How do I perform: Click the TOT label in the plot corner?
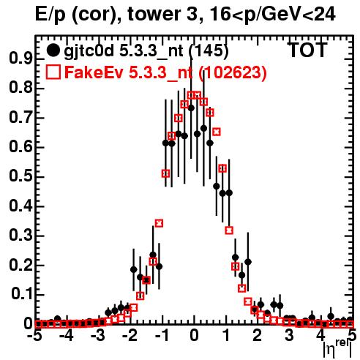308,50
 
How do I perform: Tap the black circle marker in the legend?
53,50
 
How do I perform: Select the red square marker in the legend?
53,72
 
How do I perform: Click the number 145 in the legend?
209,50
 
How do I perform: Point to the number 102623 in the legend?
232,72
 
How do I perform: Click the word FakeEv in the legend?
94,72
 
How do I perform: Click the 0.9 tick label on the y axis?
20,59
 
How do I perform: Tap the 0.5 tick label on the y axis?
20,176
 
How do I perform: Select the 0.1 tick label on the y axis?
21,294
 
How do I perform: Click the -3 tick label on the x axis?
99,335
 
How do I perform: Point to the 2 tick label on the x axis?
258,335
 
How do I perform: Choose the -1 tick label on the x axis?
162,335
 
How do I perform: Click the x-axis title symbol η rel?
338,348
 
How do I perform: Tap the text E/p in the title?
50,15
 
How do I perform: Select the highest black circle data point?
191,108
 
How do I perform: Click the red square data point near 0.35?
159,223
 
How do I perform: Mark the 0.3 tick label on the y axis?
20,236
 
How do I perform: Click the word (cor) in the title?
96,15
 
